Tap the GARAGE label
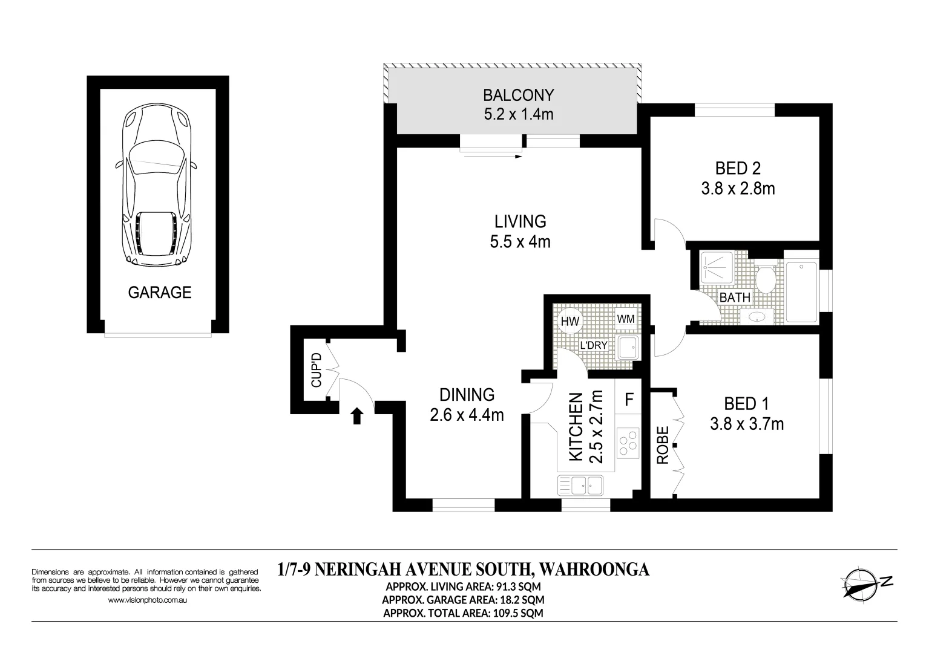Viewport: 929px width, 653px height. [159, 293]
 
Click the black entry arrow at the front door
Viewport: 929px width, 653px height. [357, 415]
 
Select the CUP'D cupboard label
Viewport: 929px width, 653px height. [315, 370]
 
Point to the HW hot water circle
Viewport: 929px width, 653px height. [570, 322]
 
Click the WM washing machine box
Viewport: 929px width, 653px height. [626, 319]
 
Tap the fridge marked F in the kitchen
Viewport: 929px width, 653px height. [629, 400]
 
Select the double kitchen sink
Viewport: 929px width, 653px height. [580, 485]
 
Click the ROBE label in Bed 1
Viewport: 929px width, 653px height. [663, 446]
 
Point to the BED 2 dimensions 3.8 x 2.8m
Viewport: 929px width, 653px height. [738, 189]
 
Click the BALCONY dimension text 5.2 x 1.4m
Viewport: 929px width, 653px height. [518, 114]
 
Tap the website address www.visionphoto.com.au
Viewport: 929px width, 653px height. [147, 600]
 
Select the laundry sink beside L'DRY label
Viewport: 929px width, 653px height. [626, 348]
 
